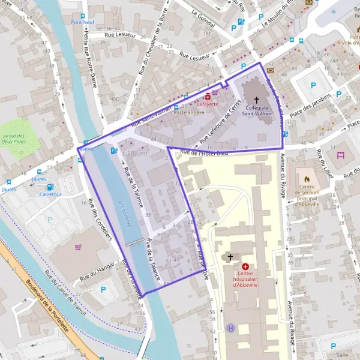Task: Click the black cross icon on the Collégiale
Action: (x=257, y=100)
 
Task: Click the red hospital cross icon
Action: (x=245, y=266)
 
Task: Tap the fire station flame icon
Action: (x=307, y=178)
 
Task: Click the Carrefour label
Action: (x=50, y=194)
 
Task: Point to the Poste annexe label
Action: (x=185, y=112)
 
